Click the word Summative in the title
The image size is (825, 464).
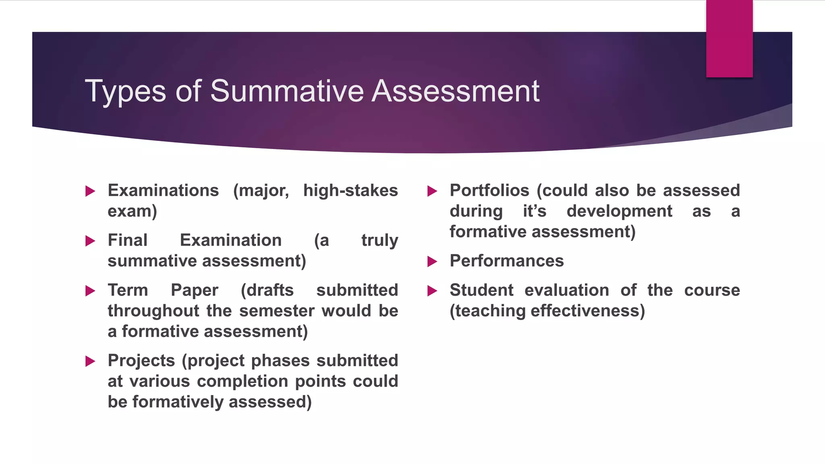(x=286, y=91)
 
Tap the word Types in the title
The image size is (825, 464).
(x=125, y=92)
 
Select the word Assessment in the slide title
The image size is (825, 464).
(x=455, y=91)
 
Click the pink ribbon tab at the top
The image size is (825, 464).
(x=729, y=39)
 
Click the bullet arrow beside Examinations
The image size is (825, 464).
(x=90, y=191)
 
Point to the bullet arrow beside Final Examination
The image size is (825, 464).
(x=90, y=241)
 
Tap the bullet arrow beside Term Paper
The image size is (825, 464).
(x=90, y=291)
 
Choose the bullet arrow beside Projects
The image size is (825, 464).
(x=90, y=361)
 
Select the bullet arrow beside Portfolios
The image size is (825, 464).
(x=432, y=191)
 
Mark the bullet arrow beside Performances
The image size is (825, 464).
(x=432, y=261)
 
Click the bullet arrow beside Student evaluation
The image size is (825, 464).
(x=432, y=291)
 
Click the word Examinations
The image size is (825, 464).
(x=163, y=191)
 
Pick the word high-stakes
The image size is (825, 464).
(x=350, y=191)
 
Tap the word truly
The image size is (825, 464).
(x=379, y=240)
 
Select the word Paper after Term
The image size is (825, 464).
(x=195, y=290)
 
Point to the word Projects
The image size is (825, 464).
(x=141, y=361)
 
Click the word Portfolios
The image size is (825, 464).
(x=489, y=191)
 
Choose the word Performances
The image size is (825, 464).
(x=507, y=261)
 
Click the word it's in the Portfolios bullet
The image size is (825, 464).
(x=535, y=211)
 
